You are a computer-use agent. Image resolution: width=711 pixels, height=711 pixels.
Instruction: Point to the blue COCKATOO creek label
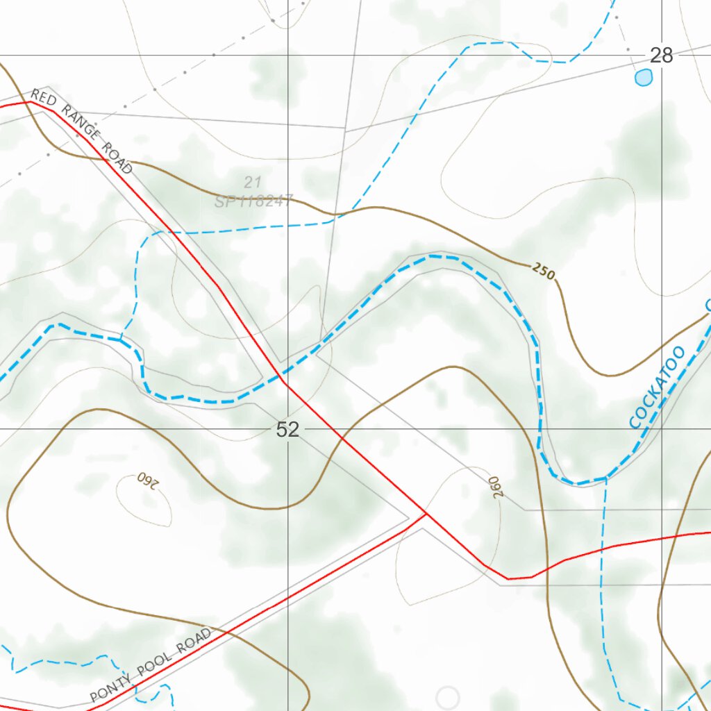656,387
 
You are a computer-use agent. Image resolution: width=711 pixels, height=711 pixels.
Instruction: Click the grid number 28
661,56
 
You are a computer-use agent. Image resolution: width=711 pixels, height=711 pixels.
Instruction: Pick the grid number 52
287,430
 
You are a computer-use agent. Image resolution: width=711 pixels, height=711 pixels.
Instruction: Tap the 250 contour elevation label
544,271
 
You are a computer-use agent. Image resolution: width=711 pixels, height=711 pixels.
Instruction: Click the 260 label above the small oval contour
147,480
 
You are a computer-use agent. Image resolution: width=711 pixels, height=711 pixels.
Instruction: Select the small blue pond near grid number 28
644,77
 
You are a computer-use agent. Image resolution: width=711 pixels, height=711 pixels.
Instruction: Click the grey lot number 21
252,183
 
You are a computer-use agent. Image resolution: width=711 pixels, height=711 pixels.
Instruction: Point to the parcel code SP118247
254,201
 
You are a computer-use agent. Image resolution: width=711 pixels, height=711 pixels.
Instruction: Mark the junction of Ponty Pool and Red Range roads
426,515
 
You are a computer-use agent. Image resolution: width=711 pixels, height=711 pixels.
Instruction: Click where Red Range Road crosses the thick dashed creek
281,376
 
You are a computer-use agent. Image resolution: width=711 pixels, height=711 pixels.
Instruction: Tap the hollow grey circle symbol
448,697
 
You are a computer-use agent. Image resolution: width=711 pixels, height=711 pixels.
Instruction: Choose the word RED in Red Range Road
44,99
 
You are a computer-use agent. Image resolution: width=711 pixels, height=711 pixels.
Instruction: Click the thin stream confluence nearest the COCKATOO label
607,478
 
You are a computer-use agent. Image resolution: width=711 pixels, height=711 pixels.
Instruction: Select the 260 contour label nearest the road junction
494,486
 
